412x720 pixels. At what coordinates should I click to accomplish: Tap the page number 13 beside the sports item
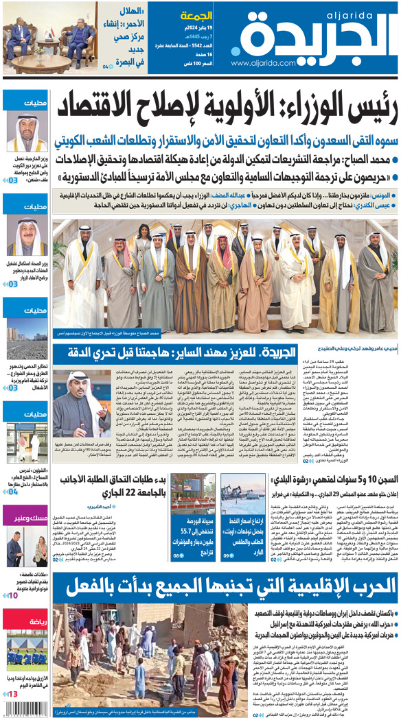(13, 695)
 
